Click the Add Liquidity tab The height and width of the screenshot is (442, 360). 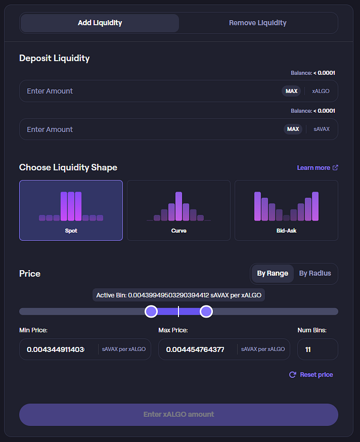[100, 23]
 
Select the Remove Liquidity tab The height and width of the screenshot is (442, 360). [258, 23]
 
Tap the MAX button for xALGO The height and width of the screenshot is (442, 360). [291, 91]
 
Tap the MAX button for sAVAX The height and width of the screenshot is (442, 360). [293, 129]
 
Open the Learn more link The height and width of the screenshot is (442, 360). [317, 168]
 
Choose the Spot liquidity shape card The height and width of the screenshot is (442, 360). [71, 210]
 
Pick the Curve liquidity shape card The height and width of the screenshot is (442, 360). [178, 210]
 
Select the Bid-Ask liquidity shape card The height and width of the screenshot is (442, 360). [286, 210]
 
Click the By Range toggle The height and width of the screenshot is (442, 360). [273, 273]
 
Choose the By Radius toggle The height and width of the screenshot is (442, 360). [315, 273]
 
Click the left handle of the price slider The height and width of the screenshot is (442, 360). [151, 311]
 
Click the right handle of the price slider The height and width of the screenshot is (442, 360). [206, 311]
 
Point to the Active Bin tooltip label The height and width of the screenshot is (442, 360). [178, 295]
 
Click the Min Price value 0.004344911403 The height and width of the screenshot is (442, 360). [56, 349]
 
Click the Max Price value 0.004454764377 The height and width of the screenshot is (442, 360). [195, 349]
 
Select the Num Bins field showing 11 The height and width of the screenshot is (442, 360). [318, 349]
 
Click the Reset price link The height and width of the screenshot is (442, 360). [311, 375]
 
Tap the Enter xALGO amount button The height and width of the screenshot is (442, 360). [178, 415]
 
